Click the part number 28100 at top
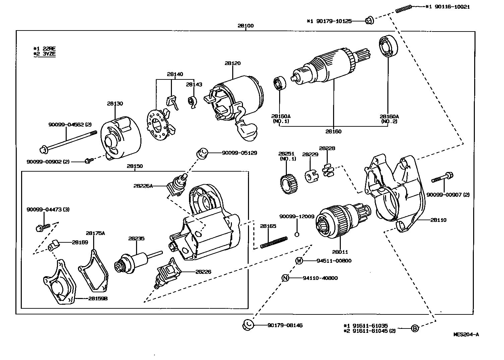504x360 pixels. point(246,26)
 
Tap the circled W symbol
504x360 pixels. point(299,261)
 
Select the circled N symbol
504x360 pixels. point(285,278)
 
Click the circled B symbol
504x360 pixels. point(415,328)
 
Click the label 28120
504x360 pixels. point(232,63)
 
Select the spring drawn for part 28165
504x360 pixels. point(273,243)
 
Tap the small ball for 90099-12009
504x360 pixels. point(297,234)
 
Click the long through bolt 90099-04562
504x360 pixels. point(69,141)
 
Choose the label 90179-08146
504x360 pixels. point(285,325)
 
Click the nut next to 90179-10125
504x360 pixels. point(369,21)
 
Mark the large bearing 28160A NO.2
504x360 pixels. point(388,46)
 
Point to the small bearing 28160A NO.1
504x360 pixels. point(279,83)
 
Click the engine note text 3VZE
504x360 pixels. point(49,54)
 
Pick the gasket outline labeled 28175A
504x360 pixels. point(93,272)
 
